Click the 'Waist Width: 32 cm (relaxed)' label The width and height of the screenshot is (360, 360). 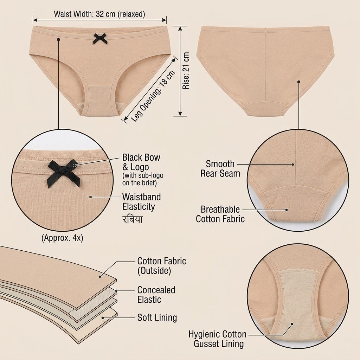pyautogui.click(x=99, y=14)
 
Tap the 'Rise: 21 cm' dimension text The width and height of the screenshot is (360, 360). pyautogui.click(x=186, y=70)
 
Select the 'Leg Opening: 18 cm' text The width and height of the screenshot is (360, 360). pyautogui.click(x=153, y=96)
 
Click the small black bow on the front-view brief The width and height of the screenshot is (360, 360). pyautogui.click(x=100, y=39)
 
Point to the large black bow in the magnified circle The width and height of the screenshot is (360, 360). pyautogui.click(x=65, y=173)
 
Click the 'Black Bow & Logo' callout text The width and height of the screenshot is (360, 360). pyautogui.click(x=141, y=162)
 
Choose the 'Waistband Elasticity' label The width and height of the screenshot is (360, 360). pyautogui.click(x=141, y=202)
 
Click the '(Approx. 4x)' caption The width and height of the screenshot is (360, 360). pyautogui.click(x=62, y=238)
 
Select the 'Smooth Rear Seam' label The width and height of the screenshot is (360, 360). pyautogui.click(x=220, y=168)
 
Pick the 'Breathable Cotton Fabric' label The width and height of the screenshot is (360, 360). pyautogui.click(x=220, y=214)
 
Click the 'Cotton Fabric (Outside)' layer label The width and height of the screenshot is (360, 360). pyautogui.click(x=162, y=266)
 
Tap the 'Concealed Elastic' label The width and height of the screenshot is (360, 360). pyautogui.click(x=156, y=295)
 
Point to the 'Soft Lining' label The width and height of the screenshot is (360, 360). pyautogui.click(x=157, y=317)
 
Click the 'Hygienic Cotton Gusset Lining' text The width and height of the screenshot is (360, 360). pyautogui.click(x=217, y=339)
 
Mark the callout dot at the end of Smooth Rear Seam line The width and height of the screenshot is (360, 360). pyautogui.click(x=293, y=165)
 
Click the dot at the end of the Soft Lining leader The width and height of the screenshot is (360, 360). pyautogui.click(x=103, y=318)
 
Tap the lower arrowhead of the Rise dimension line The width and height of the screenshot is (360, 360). pyautogui.click(x=180, y=114)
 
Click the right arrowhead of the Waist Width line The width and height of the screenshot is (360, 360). pyautogui.click(x=164, y=20)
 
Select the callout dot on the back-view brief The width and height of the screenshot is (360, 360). pyautogui.click(x=299, y=82)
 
